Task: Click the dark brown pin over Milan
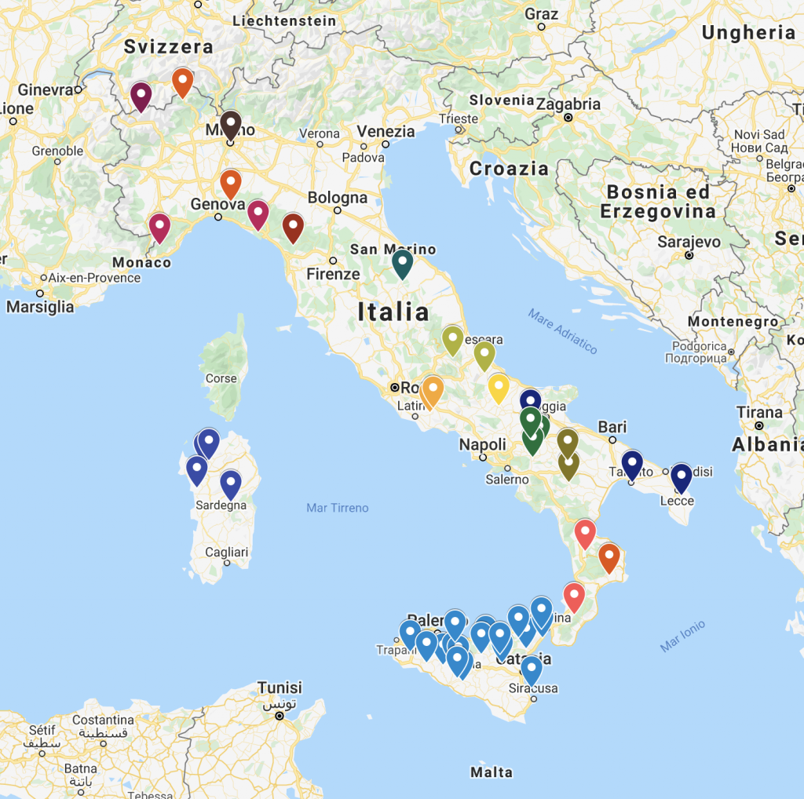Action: point(230,123)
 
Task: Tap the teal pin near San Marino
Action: point(402,261)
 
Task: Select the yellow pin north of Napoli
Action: point(499,386)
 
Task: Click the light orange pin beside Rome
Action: point(432,390)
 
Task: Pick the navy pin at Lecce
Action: point(680,476)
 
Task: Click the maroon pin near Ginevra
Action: point(141,96)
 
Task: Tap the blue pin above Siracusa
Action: point(532,669)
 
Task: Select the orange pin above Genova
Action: point(230,183)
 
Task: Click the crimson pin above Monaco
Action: point(159,227)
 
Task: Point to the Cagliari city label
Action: point(227,553)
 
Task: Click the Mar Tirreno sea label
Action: point(337,508)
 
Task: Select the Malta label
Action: point(492,772)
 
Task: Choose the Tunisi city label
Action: point(280,688)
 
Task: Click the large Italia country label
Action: point(393,312)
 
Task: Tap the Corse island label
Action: point(221,378)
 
